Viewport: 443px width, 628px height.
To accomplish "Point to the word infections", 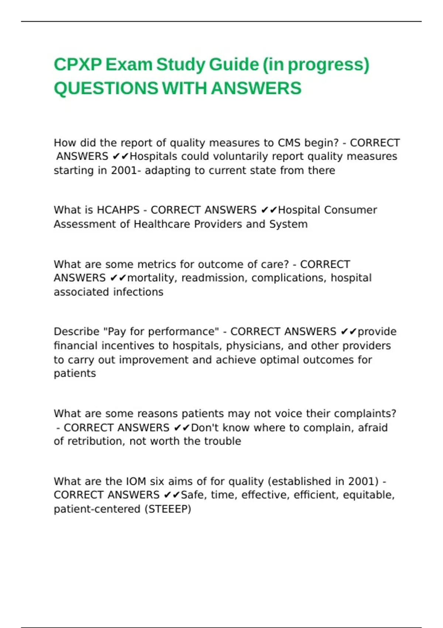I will (138, 292).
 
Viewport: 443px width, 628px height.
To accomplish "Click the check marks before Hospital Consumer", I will (269, 210).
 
